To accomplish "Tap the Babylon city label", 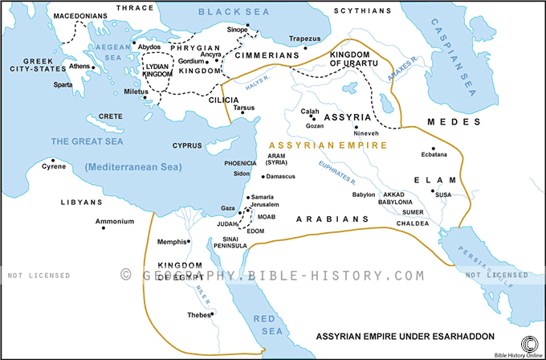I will [365, 194].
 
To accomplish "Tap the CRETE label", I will [112, 117].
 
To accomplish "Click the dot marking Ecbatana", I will [434, 150].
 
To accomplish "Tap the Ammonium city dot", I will [104, 228].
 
